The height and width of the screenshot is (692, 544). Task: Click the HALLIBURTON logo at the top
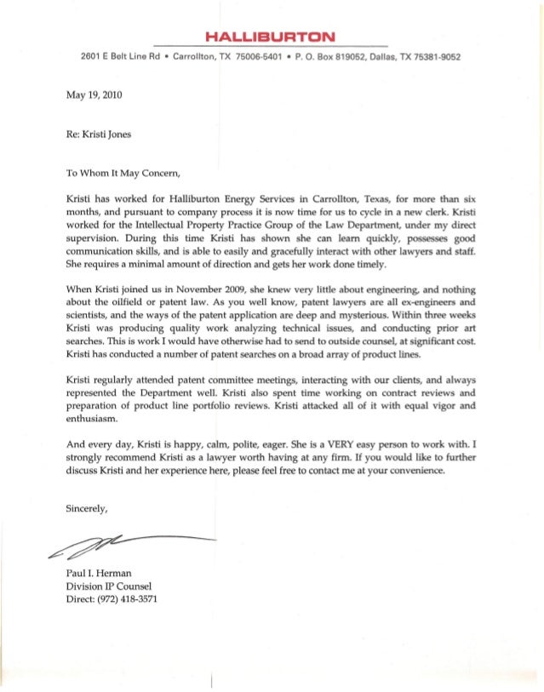click(x=272, y=36)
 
